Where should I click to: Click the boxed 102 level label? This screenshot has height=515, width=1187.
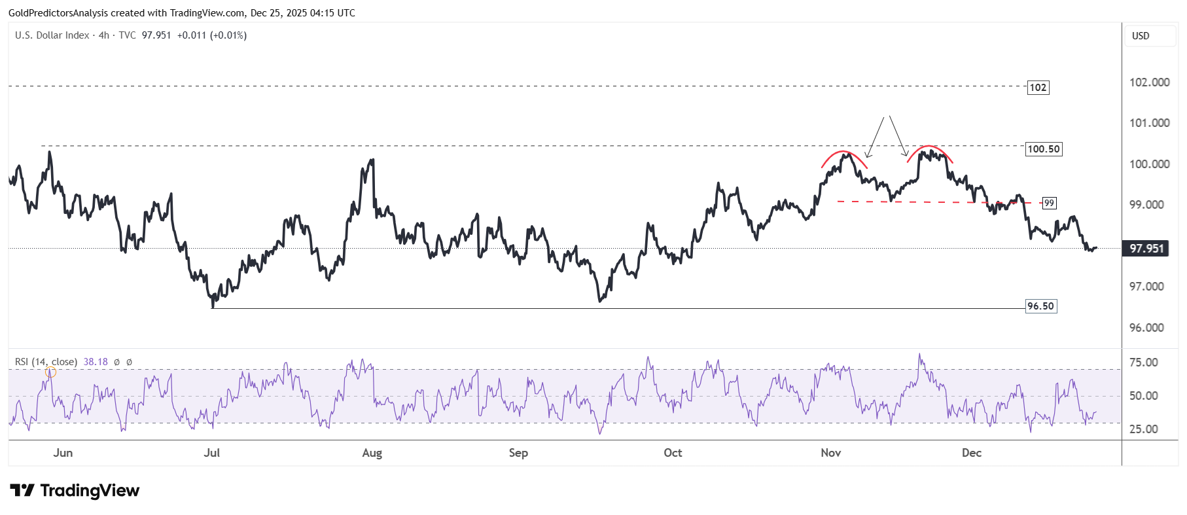[1038, 88]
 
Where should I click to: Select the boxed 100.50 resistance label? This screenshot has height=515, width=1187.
[1043, 149]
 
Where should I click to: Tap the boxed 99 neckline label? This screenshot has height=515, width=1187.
[1049, 203]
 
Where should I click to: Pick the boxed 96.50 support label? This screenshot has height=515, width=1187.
[1040, 306]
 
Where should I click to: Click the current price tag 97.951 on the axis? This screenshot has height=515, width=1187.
[1146, 249]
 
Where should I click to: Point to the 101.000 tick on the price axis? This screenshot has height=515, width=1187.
[1149, 123]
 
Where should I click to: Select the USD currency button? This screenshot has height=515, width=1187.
[1141, 36]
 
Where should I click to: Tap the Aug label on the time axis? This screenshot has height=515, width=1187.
[372, 453]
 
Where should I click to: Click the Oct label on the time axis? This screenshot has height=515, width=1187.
[673, 453]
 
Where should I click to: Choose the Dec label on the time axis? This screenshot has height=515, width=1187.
[972, 453]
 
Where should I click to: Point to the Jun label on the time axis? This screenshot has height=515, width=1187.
[63, 453]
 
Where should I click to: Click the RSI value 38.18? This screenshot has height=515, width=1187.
[96, 362]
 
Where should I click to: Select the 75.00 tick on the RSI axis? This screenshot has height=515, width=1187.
[1143, 363]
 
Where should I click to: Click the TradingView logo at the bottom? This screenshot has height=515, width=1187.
[75, 491]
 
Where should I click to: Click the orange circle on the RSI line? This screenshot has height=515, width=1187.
[50, 372]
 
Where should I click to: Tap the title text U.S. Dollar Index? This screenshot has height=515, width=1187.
[52, 35]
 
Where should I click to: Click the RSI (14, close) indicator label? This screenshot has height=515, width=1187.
[46, 362]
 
